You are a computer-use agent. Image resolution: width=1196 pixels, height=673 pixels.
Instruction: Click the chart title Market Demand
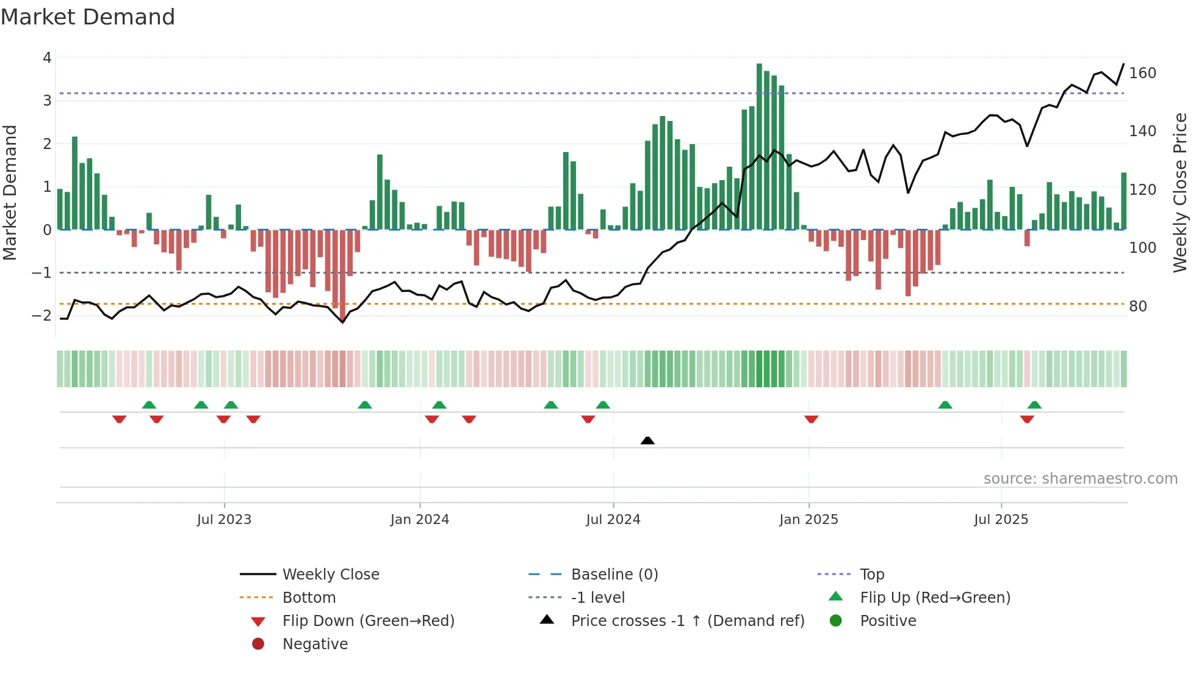click(88, 17)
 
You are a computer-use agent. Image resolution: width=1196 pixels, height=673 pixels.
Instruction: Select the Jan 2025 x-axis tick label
click(809, 520)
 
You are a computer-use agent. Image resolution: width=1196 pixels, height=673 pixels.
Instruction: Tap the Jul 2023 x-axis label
click(224, 520)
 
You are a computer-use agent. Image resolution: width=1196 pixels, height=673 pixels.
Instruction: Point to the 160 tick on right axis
click(1142, 73)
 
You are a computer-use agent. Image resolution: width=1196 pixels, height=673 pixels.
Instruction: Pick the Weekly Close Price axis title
click(1180, 192)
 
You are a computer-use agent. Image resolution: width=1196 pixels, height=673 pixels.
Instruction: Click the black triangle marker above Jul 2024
click(647, 440)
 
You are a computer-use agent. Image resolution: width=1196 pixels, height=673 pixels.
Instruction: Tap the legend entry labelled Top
click(871, 575)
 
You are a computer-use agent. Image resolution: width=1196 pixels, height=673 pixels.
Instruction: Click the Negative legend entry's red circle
click(258, 644)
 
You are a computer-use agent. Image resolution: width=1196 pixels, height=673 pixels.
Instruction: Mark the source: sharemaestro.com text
click(1080, 479)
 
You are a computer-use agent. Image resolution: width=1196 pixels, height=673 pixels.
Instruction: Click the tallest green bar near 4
click(759, 147)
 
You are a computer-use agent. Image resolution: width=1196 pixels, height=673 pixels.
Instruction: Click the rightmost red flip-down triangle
click(1027, 419)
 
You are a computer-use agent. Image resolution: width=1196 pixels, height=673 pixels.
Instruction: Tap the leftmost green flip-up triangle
click(149, 405)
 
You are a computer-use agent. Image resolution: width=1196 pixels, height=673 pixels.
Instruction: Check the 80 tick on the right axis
click(1138, 307)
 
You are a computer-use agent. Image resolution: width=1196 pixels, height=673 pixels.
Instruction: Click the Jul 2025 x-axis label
click(1001, 520)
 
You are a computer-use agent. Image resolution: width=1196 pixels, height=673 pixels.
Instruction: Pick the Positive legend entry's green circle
click(836, 621)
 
